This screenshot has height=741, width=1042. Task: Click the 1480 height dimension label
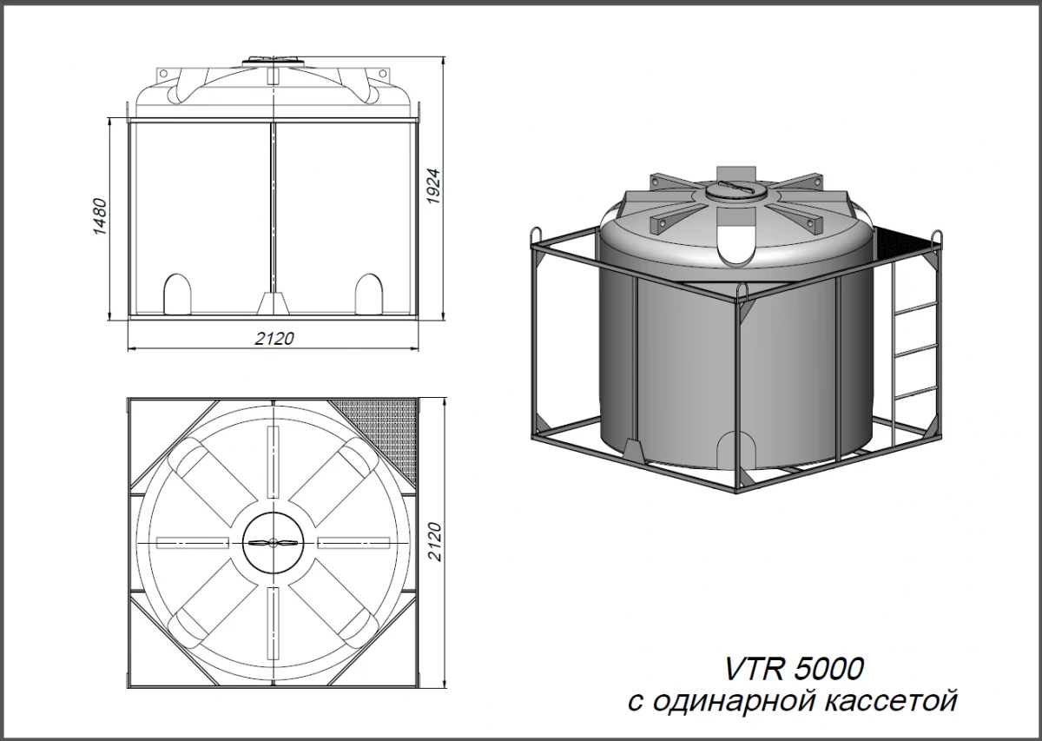pyautogui.click(x=101, y=216)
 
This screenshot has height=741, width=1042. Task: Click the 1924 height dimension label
pyautogui.click(x=433, y=186)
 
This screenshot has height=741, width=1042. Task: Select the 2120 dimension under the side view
pyautogui.click(x=274, y=339)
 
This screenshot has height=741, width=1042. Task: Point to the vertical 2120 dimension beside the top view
pyautogui.click(x=434, y=542)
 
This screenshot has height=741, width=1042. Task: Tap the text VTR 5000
pyautogui.click(x=794, y=669)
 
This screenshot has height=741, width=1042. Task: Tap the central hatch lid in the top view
pyautogui.click(x=274, y=543)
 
